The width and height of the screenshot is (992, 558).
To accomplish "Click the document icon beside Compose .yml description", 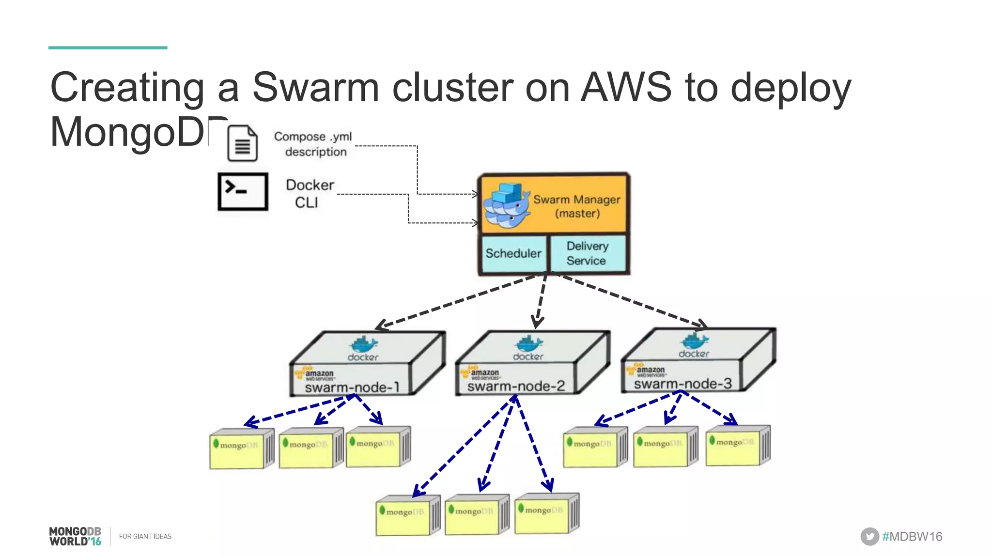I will [x=242, y=143].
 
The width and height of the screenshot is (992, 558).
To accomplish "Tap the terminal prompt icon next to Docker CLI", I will [x=243, y=191].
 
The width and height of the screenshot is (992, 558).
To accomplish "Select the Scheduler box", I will [x=513, y=253].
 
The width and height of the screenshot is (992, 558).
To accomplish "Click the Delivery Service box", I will [x=587, y=253].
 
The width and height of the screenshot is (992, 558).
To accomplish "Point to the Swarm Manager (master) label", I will [x=576, y=206].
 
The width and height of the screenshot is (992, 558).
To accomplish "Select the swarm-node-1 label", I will [x=352, y=387].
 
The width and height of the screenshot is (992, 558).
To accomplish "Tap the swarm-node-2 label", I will [x=516, y=386].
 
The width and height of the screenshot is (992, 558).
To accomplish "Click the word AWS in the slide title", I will [x=626, y=88].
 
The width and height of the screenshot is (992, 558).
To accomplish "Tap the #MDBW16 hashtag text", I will [x=912, y=537].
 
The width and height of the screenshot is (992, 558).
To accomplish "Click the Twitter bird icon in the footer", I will [x=869, y=537].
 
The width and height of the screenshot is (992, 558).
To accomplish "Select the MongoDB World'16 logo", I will [x=75, y=536].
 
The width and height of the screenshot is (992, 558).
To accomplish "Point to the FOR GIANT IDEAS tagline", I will [x=145, y=537].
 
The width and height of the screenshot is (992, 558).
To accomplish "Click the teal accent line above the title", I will [x=108, y=47].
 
